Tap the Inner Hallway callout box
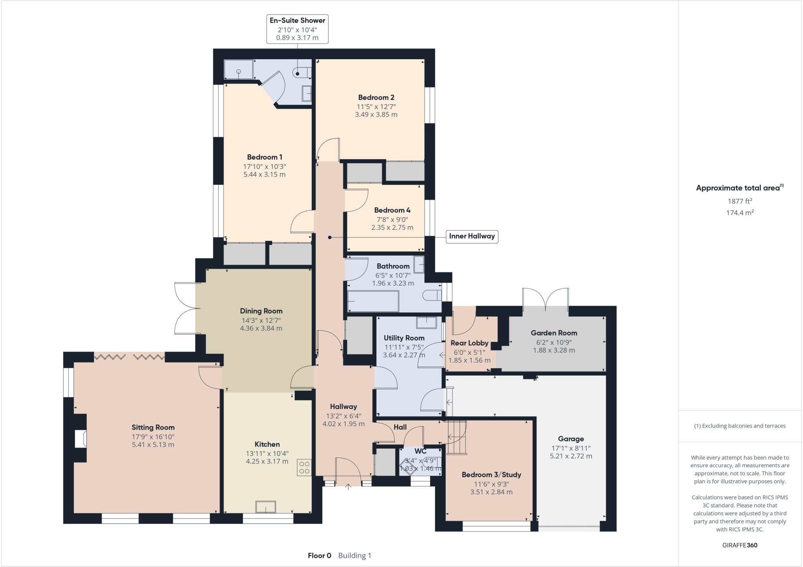point(472,236)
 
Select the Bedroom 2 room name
point(376,97)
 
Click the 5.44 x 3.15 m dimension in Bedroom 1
point(264,174)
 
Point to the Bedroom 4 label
point(392,210)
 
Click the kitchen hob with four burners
point(304,467)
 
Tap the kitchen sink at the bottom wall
point(265,507)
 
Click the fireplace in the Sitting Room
point(81,438)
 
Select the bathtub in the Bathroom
point(372,301)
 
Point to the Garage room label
point(571,439)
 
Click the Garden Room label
point(554,333)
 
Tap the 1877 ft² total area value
point(739,201)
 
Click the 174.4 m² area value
point(739,213)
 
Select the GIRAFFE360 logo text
point(739,545)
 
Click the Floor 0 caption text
point(319,556)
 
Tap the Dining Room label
point(261,311)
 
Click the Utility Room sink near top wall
point(426,322)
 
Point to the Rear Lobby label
point(469,343)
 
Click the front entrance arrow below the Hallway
point(348,487)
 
